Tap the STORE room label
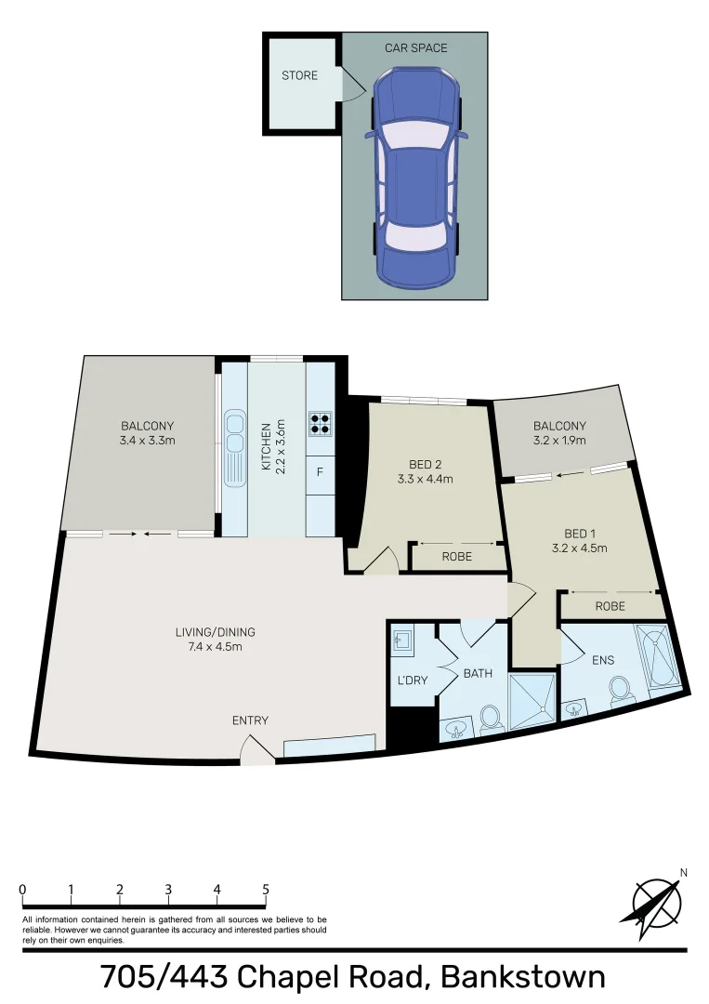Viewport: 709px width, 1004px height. [299, 75]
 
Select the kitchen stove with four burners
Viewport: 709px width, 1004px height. [320, 423]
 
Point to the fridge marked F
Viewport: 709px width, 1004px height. [320, 472]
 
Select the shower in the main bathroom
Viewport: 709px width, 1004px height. [532, 698]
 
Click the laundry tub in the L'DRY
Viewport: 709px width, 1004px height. [402, 641]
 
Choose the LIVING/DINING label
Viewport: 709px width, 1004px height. [215, 632]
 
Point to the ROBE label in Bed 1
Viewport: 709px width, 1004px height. [610, 606]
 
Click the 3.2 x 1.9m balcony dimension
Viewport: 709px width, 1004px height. [559, 441]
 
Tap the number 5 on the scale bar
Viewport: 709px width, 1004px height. [266, 890]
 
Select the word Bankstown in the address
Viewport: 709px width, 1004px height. [522, 977]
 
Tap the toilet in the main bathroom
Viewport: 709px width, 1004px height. [490, 717]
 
